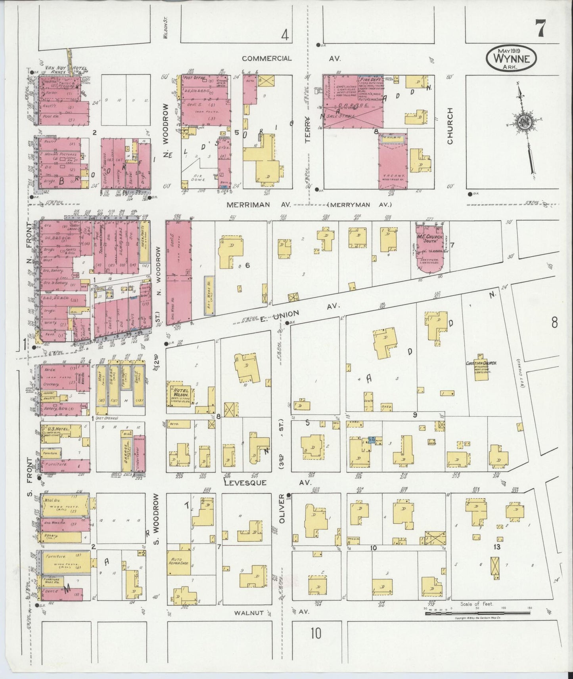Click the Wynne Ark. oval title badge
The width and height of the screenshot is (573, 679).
(511, 58)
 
